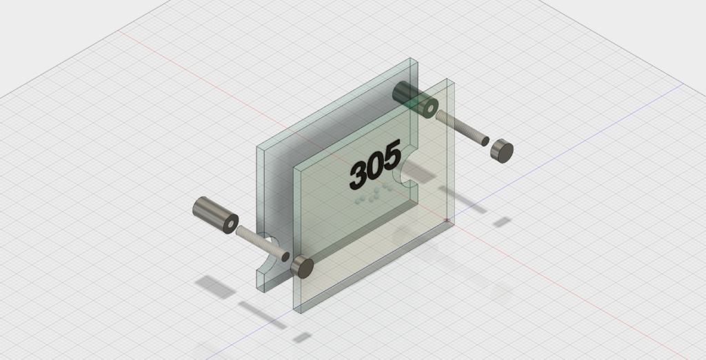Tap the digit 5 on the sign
coord(392,155)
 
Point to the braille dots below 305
coord(373,194)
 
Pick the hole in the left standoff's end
coord(232,223)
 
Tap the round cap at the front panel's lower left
coord(302,266)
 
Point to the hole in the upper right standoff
coord(430,108)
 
